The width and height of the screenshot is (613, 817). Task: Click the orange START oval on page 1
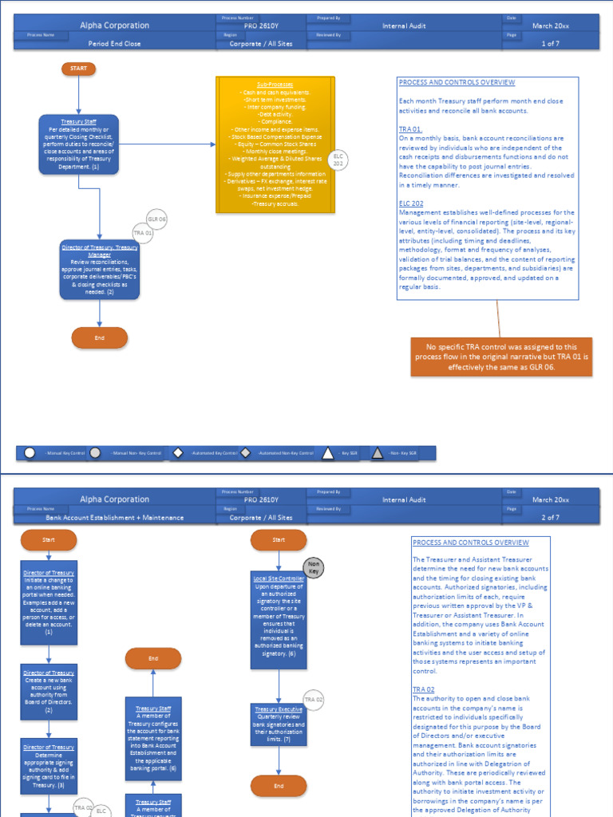tap(79, 69)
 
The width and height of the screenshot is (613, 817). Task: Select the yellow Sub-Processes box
tap(275, 144)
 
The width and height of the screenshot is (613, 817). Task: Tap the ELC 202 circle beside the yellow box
tap(338, 160)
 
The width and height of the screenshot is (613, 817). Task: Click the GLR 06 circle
tap(156, 219)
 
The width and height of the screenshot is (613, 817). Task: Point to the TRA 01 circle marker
tap(143, 233)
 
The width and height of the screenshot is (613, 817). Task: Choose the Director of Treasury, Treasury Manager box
tap(100, 270)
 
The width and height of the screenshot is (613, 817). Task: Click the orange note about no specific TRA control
tap(501, 357)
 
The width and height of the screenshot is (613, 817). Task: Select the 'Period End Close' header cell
tap(114, 44)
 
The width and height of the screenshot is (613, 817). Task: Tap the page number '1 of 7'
tap(551, 44)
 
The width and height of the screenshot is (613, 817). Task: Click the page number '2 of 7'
tap(551, 518)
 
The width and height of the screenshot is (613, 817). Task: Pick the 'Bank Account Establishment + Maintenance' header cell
tap(114, 518)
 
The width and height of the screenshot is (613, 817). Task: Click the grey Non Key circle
tap(314, 566)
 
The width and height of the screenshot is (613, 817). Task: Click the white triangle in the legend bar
tap(327, 453)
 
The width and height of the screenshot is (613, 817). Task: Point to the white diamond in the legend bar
tap(178, 453)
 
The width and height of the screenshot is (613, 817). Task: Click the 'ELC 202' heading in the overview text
tap(411, 204)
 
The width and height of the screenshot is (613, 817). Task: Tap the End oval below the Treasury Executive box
tap(279, 786)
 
